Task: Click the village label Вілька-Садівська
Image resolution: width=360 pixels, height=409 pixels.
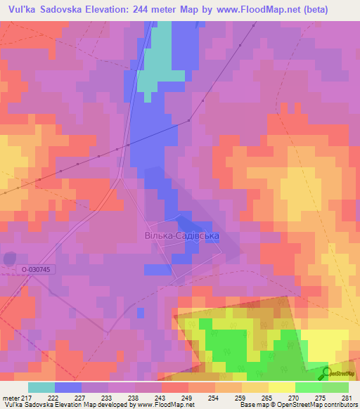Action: point(181,237)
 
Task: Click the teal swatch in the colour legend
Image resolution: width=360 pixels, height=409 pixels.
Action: point(41,388)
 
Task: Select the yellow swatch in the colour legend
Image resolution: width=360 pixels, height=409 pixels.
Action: point(281,388)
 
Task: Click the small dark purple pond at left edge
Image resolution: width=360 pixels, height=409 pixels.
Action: point(8,259)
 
